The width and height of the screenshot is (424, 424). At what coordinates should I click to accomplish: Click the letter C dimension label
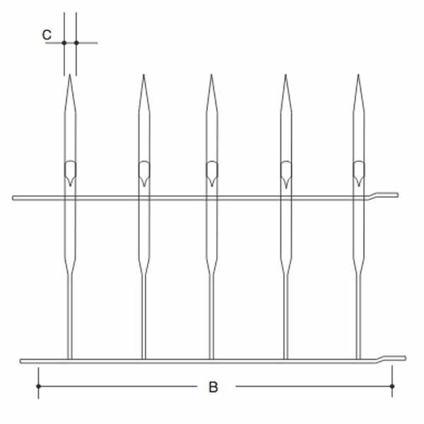click(47, 35)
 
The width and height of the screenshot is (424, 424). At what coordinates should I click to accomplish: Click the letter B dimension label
click(213, 387)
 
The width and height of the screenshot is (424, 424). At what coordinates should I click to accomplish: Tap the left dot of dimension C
click(64, 42)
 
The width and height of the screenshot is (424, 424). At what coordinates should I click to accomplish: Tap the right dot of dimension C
click(76, 42)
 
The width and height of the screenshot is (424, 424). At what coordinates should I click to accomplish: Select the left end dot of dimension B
click(38, 386)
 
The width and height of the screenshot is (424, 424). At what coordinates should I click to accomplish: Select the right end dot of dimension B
click(392, 386)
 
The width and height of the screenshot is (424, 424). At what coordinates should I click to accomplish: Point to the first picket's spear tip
click(70, 75)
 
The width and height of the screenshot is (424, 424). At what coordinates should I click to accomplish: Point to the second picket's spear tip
click(143, 75)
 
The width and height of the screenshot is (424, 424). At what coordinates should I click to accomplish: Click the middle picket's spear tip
click(211, 75)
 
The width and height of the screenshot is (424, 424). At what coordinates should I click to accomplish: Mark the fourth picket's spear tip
click(285, 75)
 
